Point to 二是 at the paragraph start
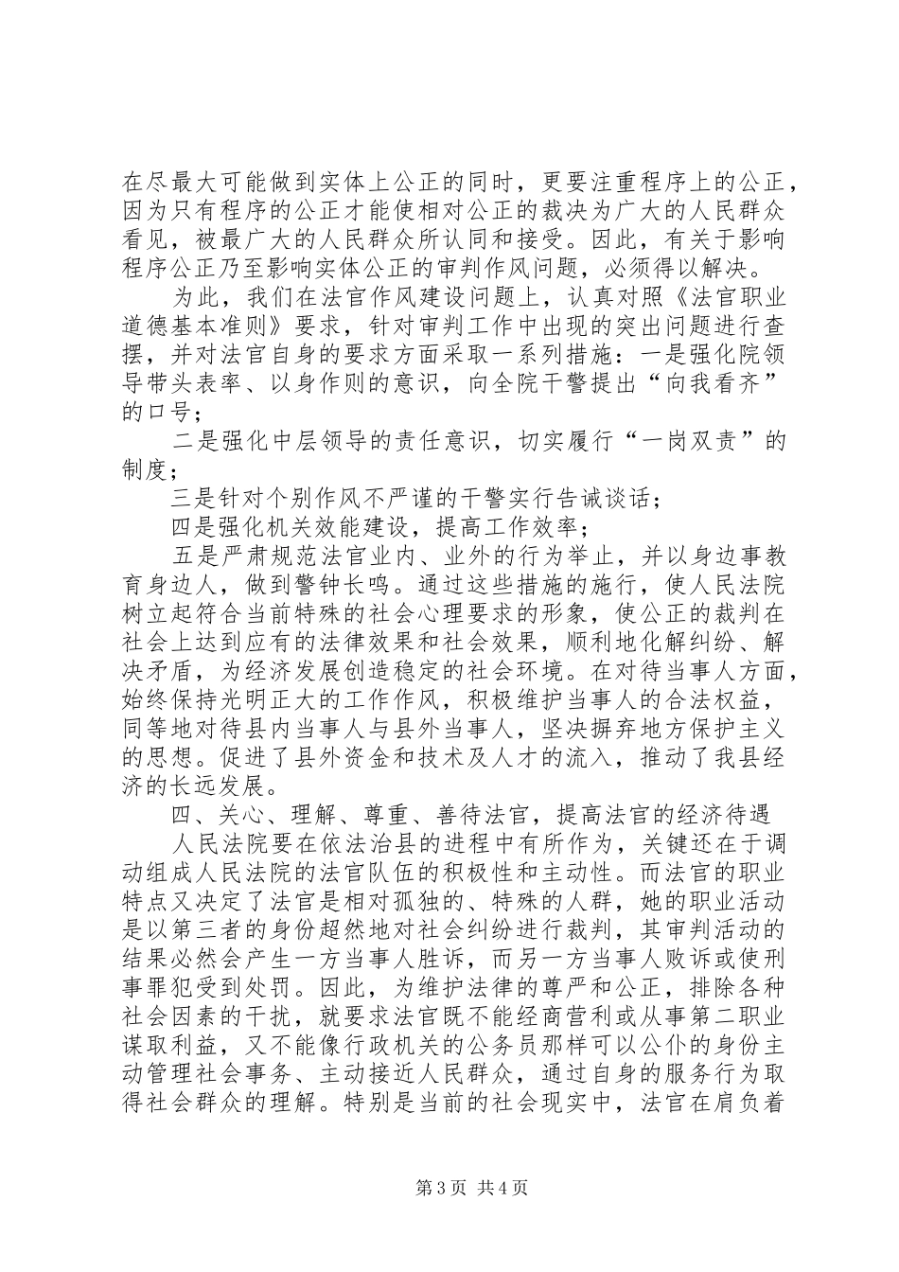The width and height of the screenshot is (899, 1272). tap(195, 443)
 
